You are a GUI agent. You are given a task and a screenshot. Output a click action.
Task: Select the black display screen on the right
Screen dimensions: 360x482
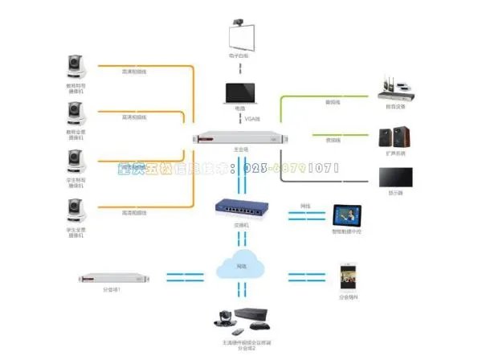(x=395, y=177)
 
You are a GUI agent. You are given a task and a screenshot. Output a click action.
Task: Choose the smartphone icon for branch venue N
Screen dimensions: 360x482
(x=346, y=276)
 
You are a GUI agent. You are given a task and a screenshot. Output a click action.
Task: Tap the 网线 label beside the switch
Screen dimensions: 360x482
(x=305, y=206)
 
